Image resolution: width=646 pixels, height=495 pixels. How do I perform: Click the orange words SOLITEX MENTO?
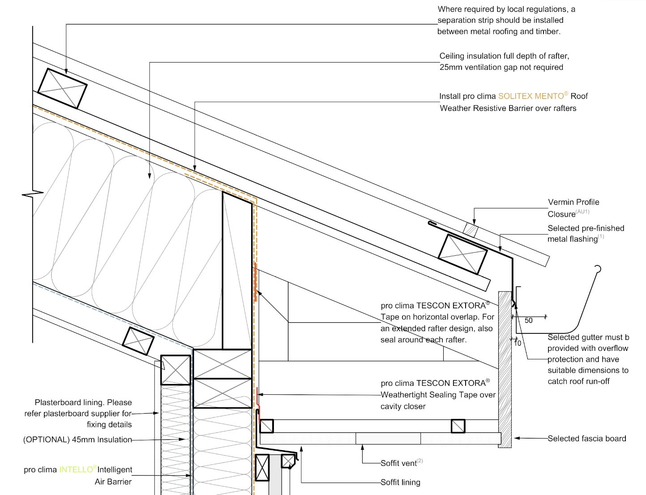(531, 96)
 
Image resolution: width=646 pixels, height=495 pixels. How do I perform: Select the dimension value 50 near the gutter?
(528, 320)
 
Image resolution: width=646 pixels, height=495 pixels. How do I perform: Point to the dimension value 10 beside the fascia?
(518, 343)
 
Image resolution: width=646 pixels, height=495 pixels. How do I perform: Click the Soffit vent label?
(398, 463)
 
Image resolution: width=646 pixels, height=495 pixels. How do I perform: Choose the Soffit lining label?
(400, 482)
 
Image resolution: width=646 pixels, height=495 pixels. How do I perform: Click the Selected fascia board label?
(587, 439)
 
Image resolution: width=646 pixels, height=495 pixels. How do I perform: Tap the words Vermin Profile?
(573, 202)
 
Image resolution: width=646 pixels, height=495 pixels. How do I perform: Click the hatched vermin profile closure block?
(471, 230)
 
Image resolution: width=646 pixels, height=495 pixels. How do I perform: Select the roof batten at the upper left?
(62, 89)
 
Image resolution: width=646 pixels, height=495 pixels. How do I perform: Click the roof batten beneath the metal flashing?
(462, 254)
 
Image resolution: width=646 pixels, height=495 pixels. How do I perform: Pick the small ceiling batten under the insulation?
(138, 341)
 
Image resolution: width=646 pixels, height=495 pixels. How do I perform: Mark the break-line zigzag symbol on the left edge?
(33, 194)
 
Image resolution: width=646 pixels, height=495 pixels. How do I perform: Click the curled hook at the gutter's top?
(598, 269)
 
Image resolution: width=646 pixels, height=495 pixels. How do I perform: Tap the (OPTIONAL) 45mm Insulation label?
(77, 440)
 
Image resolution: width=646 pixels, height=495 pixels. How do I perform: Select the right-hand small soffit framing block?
(458, 426)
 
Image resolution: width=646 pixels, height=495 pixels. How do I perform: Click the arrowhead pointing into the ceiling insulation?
(150, 175)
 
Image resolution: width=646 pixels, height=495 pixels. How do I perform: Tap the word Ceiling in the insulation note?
(452, 56)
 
